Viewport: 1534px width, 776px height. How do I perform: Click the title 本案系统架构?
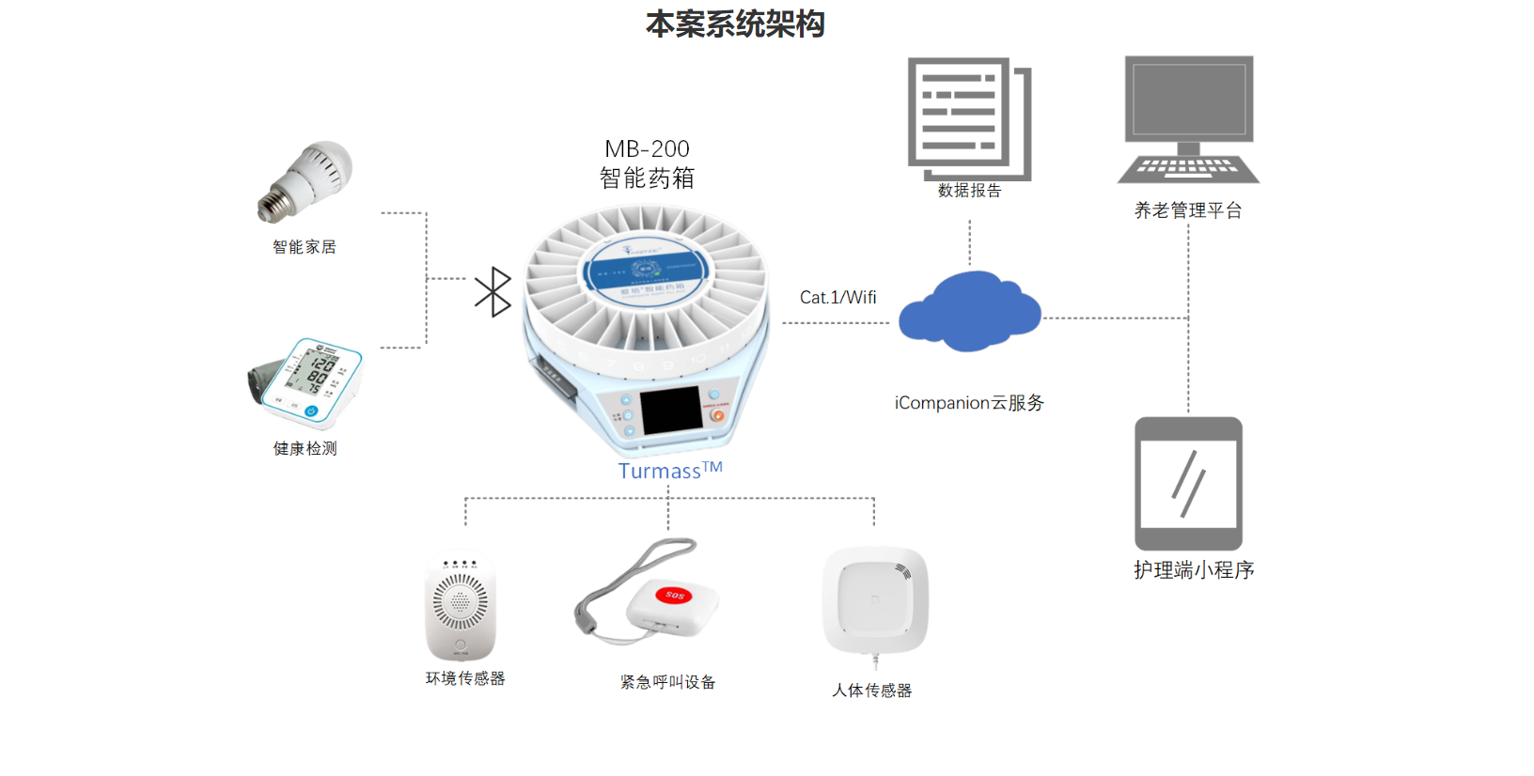[735, 24]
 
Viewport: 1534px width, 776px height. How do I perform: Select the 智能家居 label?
[304, 247]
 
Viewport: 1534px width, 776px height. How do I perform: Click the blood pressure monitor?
[306, 383]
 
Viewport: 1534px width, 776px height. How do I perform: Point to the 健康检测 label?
[305, 449]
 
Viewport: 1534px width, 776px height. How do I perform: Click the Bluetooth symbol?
[493, 292]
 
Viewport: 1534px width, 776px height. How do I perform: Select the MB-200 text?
[647, 149]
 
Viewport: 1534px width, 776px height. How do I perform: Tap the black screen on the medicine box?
[670, 411]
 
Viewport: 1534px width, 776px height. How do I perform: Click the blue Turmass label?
[669, 471]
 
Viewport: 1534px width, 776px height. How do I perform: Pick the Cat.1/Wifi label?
[837, 298]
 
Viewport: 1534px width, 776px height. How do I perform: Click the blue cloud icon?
[969, 313]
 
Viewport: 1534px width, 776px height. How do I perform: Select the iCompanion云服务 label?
[969, 403]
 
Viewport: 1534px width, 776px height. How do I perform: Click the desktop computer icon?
[1189, 118]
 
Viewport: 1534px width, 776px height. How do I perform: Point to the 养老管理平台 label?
[1188, 210]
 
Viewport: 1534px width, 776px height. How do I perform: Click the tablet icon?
[1188, 483]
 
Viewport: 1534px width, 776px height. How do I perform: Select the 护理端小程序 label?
[1194, 570]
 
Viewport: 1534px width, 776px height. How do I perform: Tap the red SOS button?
[675, 595]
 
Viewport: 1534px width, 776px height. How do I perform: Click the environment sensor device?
[461, 605]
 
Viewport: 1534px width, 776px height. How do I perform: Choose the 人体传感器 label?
[871, 691]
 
